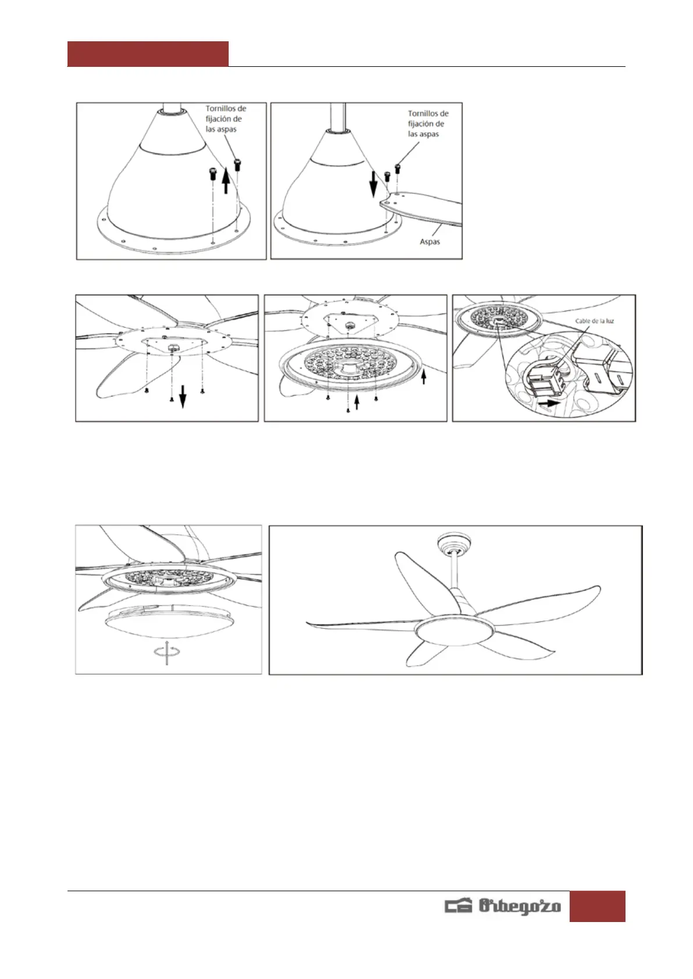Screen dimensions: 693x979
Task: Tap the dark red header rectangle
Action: pos(148,53)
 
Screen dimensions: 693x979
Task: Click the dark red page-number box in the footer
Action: pos(597,906)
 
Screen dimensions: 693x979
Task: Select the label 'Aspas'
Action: pos(429,242)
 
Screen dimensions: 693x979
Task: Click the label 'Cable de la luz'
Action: pos(594,321)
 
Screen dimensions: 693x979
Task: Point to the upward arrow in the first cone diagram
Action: pos(226,180)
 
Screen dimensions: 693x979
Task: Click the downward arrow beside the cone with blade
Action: pos(373,184)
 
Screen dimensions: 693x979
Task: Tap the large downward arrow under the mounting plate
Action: pos(183,396)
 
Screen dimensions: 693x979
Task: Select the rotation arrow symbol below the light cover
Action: pos(167,652)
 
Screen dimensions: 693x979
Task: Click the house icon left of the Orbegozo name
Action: pos(459,906)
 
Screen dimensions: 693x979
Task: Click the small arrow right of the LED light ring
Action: pos(424,376)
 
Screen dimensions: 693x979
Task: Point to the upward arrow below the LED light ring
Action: pos(357,402)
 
